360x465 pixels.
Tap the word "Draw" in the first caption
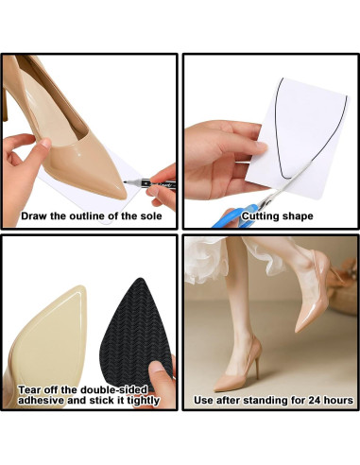(x=37, y=217)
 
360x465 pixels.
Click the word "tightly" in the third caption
(x=137, y=402)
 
